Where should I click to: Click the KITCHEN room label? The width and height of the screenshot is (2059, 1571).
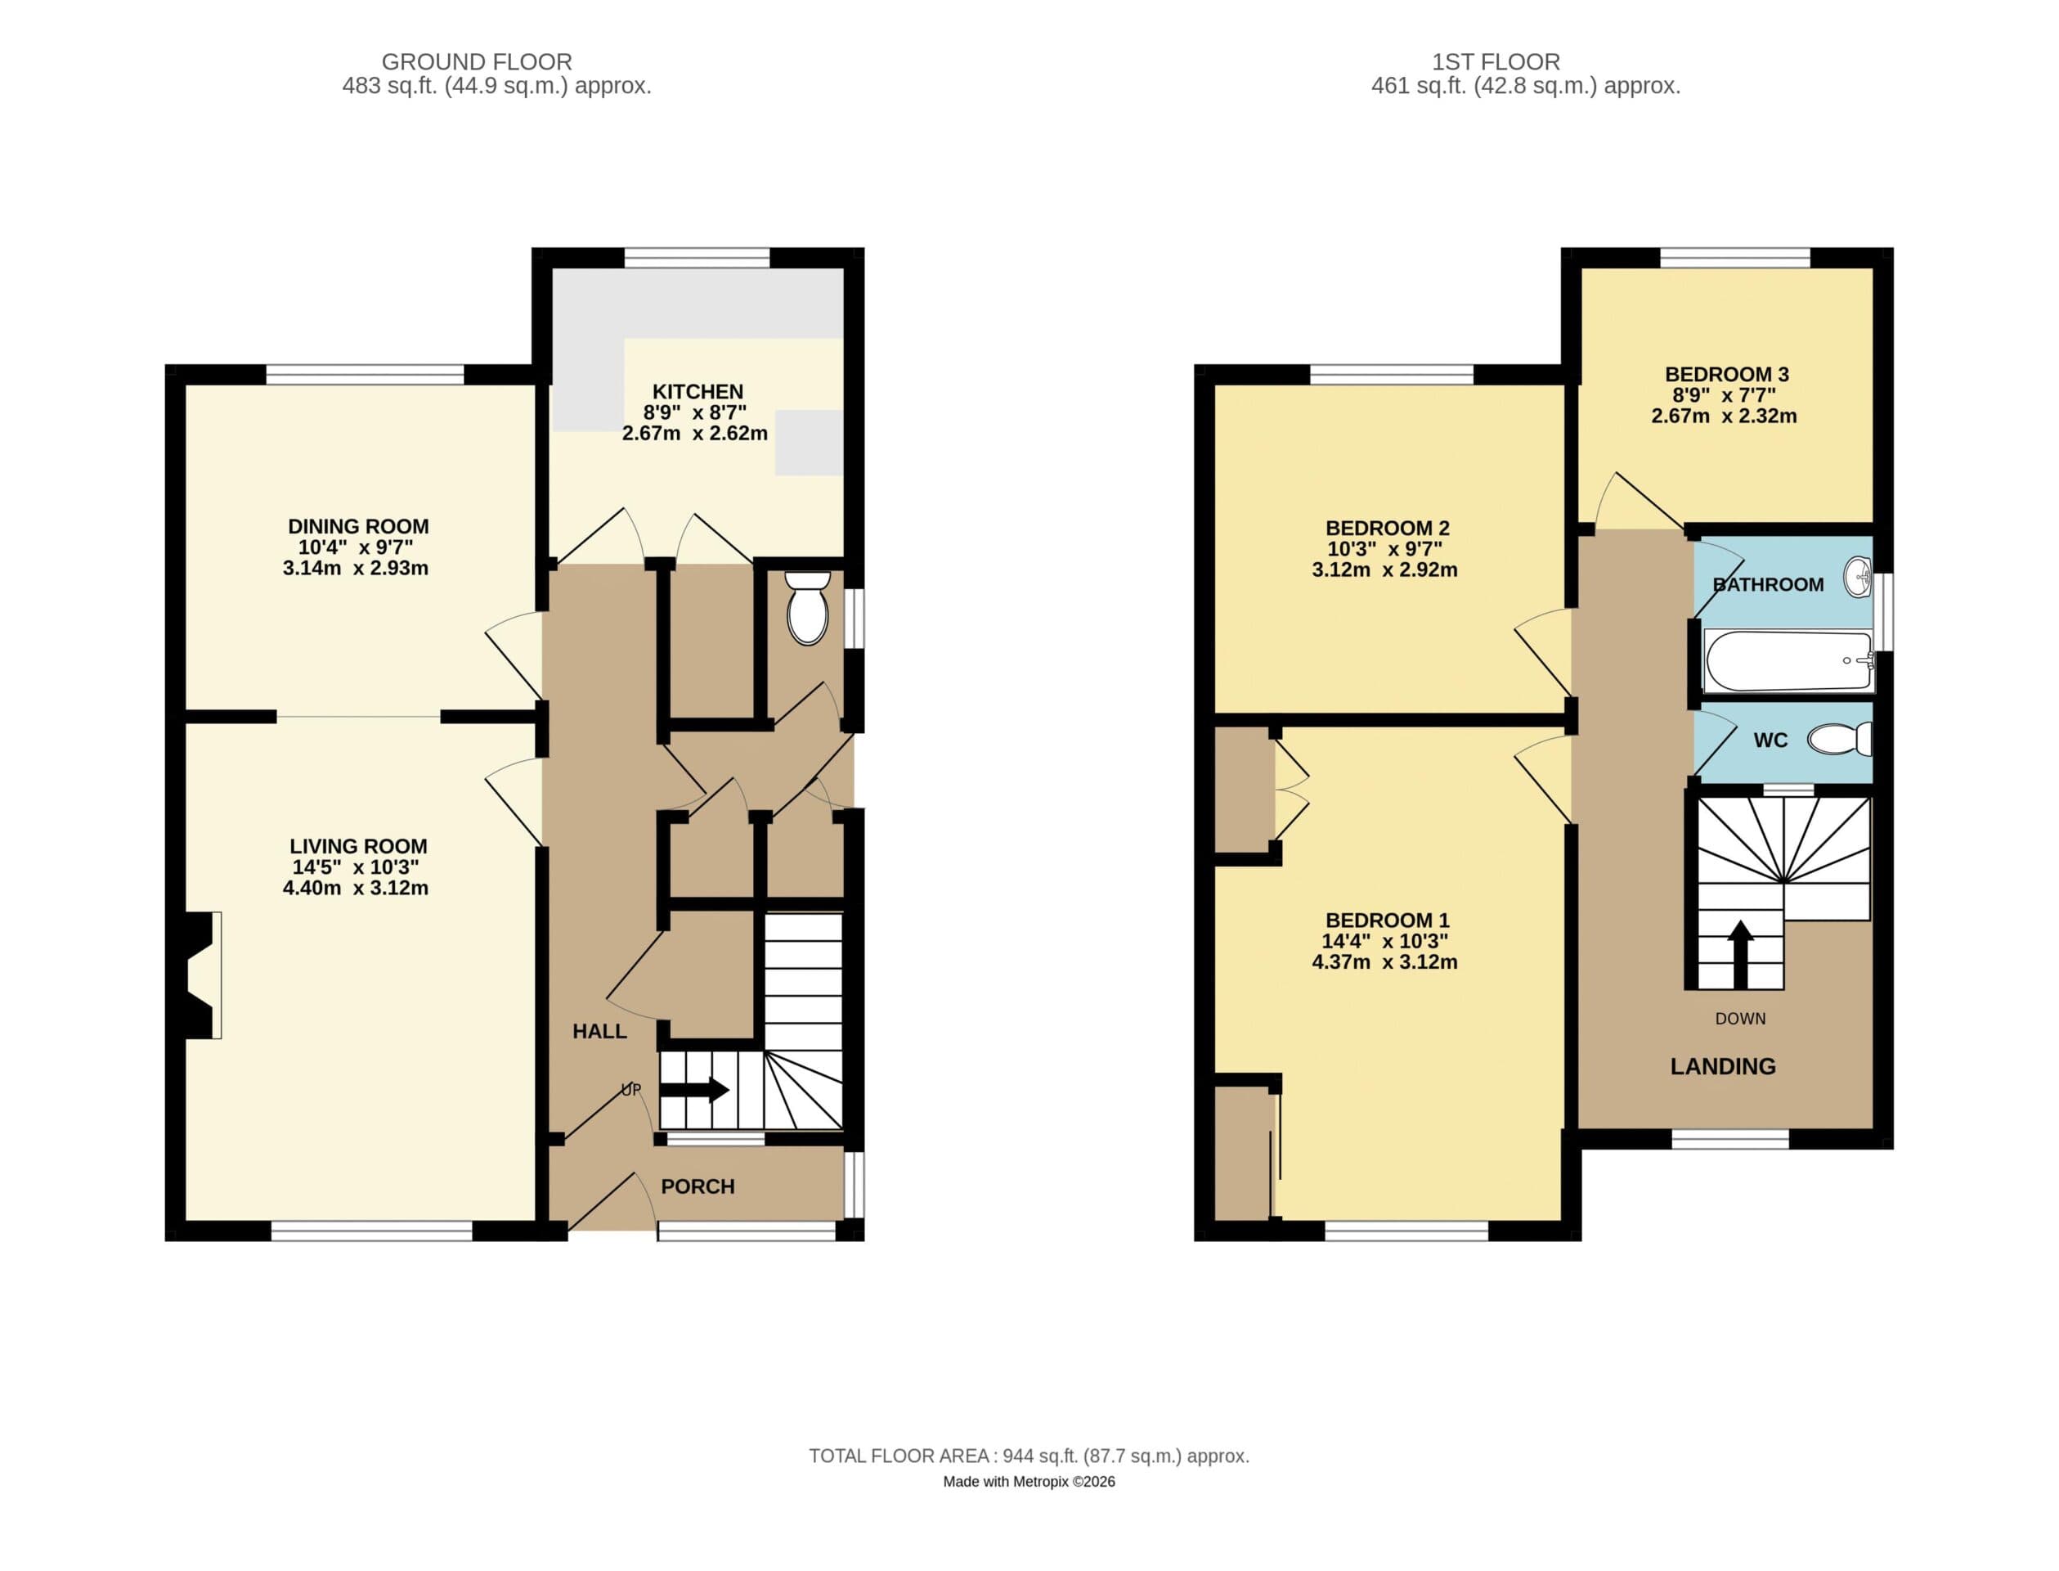(x=698, y=391)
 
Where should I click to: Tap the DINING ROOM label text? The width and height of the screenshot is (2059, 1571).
(x=358, y=525)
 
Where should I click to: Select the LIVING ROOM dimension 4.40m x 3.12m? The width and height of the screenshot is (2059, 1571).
(x=355, y=888)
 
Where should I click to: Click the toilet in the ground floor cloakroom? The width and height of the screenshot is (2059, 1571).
(x=808, y=609)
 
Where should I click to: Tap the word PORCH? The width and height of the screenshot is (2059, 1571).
(x=698, y=1186)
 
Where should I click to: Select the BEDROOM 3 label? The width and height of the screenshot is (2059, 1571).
(x=1726, y=374)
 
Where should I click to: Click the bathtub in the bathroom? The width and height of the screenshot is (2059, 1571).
(x=1787, y=660)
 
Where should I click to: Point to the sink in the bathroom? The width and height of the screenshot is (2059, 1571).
(x=1858, y=577)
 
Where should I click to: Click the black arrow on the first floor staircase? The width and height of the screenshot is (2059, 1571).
(x=1739, y=954)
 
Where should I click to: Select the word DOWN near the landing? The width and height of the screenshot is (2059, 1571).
(x=1739, y=1019)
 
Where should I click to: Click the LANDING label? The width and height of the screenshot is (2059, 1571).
(x=1723, y=1066)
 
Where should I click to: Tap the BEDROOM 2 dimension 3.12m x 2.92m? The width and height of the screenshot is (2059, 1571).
(x=1384, y=569)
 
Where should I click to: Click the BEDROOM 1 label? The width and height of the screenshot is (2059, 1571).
(x=1387, y=921)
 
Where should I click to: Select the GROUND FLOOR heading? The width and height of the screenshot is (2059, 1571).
(x=477, y=61)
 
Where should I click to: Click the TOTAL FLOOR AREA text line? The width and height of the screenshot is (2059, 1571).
(x=1028, y=1456)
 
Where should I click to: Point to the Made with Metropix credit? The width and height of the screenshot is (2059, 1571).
(x=1028, y=1481)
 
